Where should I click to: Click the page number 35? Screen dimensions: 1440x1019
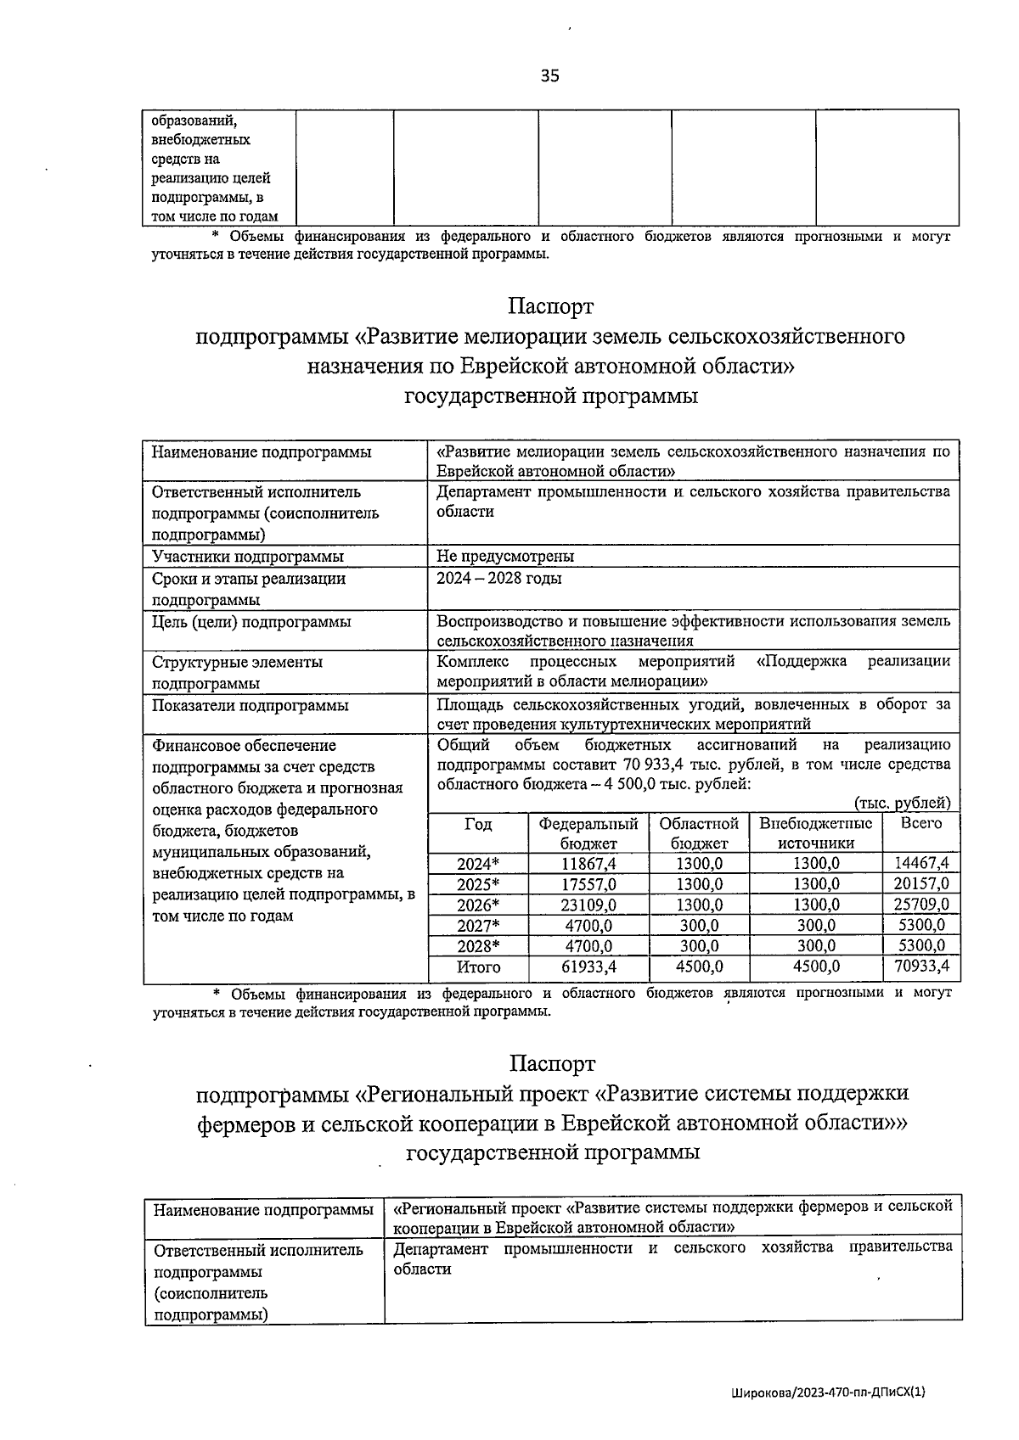click(550, 76)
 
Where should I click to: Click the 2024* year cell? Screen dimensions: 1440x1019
click(478, 864)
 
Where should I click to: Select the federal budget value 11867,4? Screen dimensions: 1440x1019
click(588, 864)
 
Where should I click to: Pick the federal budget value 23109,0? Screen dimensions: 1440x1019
click(588, 905)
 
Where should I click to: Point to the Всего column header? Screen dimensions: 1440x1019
click(921, 824)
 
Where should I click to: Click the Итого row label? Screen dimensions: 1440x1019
click(478, 967)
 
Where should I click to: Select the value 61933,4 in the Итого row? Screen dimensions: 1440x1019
click(588, 967)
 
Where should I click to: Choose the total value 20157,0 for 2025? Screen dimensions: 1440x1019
click(921, 884)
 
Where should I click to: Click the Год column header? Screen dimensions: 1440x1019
click(478, 824)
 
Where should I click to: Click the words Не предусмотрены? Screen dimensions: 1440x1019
click(505, 557)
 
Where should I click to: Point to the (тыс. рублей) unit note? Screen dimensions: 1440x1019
click(902, 803)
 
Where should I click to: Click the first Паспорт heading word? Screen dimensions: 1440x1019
click(551, 305)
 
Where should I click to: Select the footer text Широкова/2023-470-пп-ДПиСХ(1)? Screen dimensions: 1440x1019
click(827, 1392)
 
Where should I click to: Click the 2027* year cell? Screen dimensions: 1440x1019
click(478, 926)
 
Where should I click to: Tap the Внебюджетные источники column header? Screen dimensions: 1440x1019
click(816, 833)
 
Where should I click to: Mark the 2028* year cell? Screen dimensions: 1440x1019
click(478, 946)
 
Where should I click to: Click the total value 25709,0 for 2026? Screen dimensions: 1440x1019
click(921, 905)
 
